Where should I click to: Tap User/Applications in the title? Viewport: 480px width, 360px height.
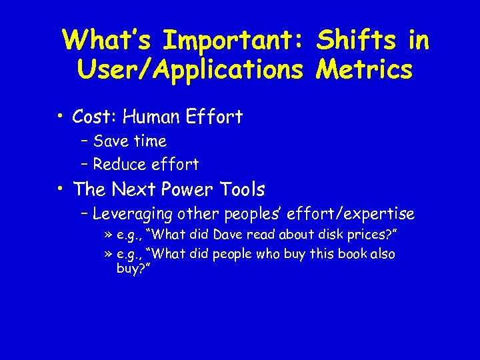[190, 69]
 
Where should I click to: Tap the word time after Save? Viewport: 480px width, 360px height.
[149, 141]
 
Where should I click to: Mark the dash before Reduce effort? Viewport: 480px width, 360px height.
[85, 164]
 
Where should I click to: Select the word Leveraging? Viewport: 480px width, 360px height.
[133, 214]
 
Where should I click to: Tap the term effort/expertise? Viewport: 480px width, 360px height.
[358, 214]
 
